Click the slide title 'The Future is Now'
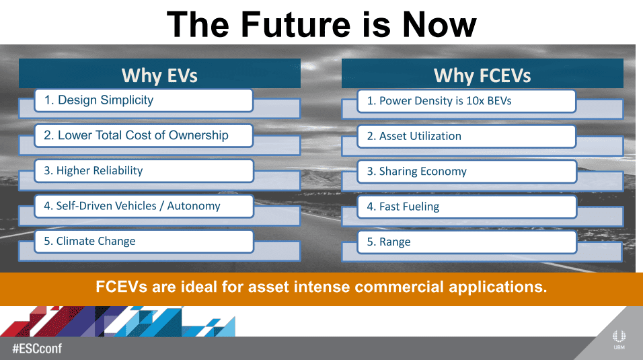coord(321,24)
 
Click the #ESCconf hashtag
coord(37,349)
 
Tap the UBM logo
coord(619,339)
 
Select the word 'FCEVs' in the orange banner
coord(121,287)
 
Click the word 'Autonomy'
coord(194,206)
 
